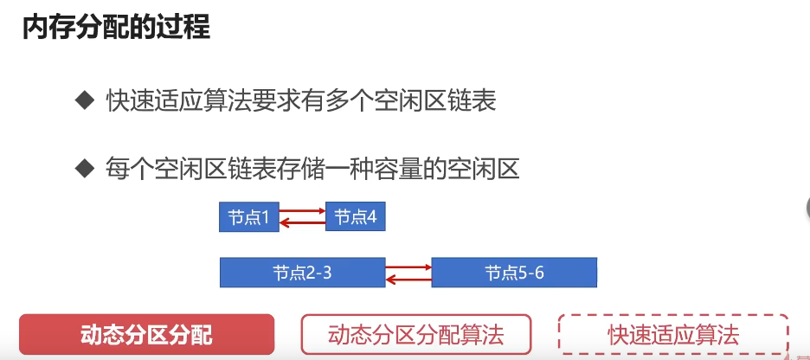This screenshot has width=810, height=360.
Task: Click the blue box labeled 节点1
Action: click(x=249, y=217)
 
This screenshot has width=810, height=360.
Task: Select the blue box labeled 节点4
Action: click(x=355, y=217)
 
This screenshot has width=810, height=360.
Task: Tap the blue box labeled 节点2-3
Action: click(x=302, y=273)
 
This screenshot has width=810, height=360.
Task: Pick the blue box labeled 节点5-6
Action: click(x=514, y=273)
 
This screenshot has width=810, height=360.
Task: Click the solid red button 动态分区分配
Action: click(x=146, y=333)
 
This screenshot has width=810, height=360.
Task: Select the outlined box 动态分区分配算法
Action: click(x=416, y=333)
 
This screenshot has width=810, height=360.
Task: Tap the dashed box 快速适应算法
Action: click(x=673, y=333)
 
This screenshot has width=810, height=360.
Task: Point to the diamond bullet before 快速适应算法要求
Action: click(x=84, y=100)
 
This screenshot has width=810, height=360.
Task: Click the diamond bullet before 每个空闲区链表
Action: click(x=84, y=167)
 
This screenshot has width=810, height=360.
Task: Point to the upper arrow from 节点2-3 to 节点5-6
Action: click(x=408, y=267)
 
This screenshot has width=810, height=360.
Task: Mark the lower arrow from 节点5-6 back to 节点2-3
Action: click(x=408, y=279)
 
